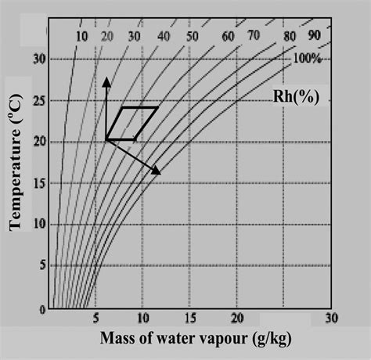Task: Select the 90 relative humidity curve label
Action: point(313,36)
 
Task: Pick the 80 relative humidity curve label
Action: point(290,36)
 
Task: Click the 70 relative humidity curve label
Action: point(253,36)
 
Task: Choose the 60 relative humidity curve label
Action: point(228,36)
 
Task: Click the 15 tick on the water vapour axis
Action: point(189,319)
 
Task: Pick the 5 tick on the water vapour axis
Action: point(95,319)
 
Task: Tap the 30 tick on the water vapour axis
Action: point(331,319)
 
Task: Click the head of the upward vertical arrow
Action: point(106,78)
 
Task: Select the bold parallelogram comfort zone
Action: point(131,124)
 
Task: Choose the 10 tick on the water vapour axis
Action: point(142,319)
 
